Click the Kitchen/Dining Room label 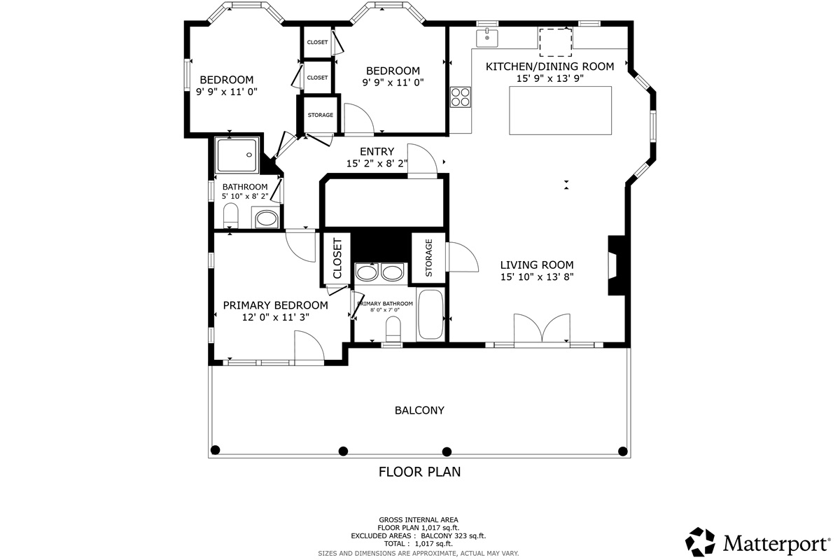tap(549, 66)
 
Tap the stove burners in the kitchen tap(461, 96)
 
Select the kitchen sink tap(487, 37)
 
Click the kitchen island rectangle tap(560, 111)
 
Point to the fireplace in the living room tap(615, 266)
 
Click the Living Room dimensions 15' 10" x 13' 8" tap(537, 276)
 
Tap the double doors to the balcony tap(542, 330)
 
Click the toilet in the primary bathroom tap(393, 330)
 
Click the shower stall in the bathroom tap(237, 155)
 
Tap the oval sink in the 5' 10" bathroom tap(266, 219)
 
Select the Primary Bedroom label tap(275, 305)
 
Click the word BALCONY tap(419, 410)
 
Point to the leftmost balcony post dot tap(216, 449)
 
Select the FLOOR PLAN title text tap(419, 472)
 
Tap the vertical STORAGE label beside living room tap(428, 258)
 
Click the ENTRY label tap(377, 151)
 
